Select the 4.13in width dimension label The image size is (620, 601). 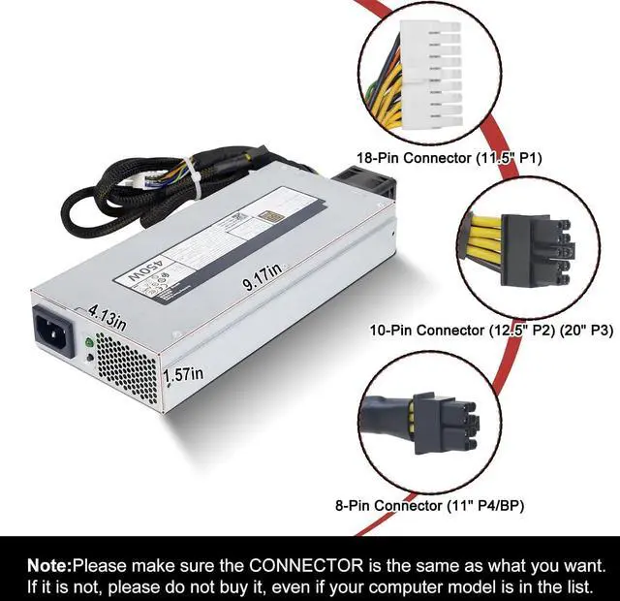pyautogui.click(x=107, y=316)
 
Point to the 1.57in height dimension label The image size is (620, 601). pyautogui.click(x=183, y=372)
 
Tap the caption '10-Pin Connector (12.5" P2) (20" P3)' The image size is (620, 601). pyautogui.click(x=478, y=331)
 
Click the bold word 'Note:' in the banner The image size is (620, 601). pyautogui.click(x=48, y=564)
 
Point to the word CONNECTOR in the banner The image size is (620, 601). pyautogui.click(x=302, y=564)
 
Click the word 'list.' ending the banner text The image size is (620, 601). pyautogui.click(x=602, y=586)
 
